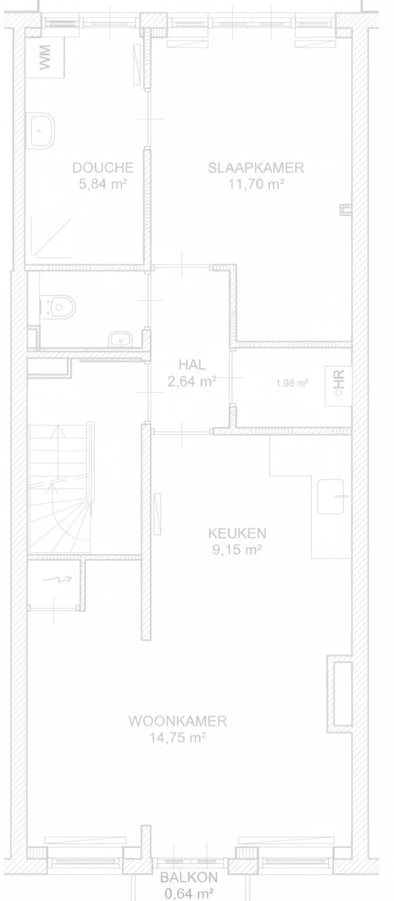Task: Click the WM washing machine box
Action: (45, 57)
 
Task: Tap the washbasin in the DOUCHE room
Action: (42, 131)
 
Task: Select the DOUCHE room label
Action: (103, 167)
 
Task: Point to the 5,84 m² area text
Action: (103, 184)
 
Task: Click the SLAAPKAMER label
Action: (256, 167)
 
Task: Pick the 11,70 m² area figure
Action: (256, 184)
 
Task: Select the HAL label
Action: (192, 364)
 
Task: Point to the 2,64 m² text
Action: (192, 381)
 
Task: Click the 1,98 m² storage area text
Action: (292, 383)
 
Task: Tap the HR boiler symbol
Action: (338, 386)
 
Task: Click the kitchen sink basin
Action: (331, 496)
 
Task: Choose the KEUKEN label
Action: (237, 533)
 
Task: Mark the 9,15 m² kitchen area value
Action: (237, 550)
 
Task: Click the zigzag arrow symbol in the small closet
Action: (57, 579)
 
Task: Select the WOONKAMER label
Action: (178, 721)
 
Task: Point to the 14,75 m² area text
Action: (178, 738)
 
